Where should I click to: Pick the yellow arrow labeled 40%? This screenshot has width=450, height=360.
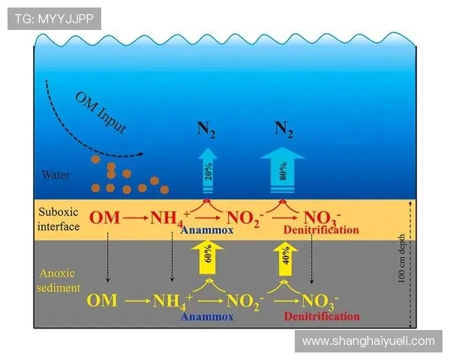tap(284, 259)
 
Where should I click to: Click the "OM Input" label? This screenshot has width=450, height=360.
tap(100, 112)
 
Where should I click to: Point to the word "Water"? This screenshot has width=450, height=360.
tap(55, 175)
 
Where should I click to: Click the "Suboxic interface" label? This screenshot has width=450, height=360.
tap(58, 219)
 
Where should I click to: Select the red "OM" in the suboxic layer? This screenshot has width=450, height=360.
tap(103, 218)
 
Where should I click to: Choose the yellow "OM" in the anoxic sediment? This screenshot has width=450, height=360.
tap(102, 301)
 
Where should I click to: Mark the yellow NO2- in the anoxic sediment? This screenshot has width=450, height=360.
tap(245, 301)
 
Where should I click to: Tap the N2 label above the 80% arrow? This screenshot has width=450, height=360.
tap(283, 128)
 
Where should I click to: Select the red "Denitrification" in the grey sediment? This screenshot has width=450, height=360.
tap(318, 316)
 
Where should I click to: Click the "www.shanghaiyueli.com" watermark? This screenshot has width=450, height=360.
tap(367, 341)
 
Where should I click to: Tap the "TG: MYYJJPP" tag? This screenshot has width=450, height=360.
tap(54, 19)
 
